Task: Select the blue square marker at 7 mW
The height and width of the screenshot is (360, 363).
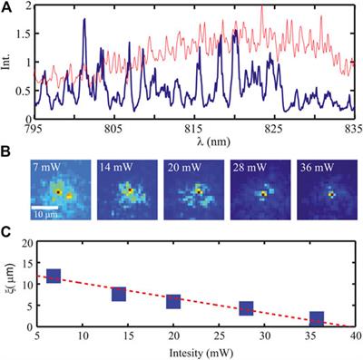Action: point(54,276)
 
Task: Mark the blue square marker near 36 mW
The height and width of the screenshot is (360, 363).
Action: point(316,318)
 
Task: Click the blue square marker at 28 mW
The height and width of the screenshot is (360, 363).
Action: point(246,309)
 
